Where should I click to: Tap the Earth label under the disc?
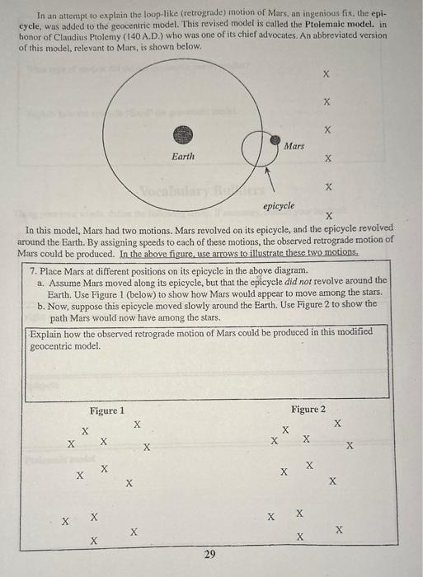pyautogui.click(x=183, y=156)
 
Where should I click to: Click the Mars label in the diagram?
pyautogui.click(x=294, y=146)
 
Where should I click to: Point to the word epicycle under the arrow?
pyautogui.click(x=279, y=205)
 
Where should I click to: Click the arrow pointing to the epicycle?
pyautogui.click(x=268, y=179)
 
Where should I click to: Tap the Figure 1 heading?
pyautogui.click(x=107, y=410)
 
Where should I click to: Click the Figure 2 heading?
pyautogui.click(x=308, y=410)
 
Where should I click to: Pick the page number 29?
pyautogui.click(x=209, y=556)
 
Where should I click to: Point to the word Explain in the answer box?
pyautogui.click(x=47, y=332)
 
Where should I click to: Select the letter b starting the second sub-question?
pyautogui.click(x=40, y=305)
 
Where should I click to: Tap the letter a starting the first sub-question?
pyautogui.click(x=40, y=282)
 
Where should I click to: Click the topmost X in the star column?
pyautogui.click(x=327, y=74)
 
